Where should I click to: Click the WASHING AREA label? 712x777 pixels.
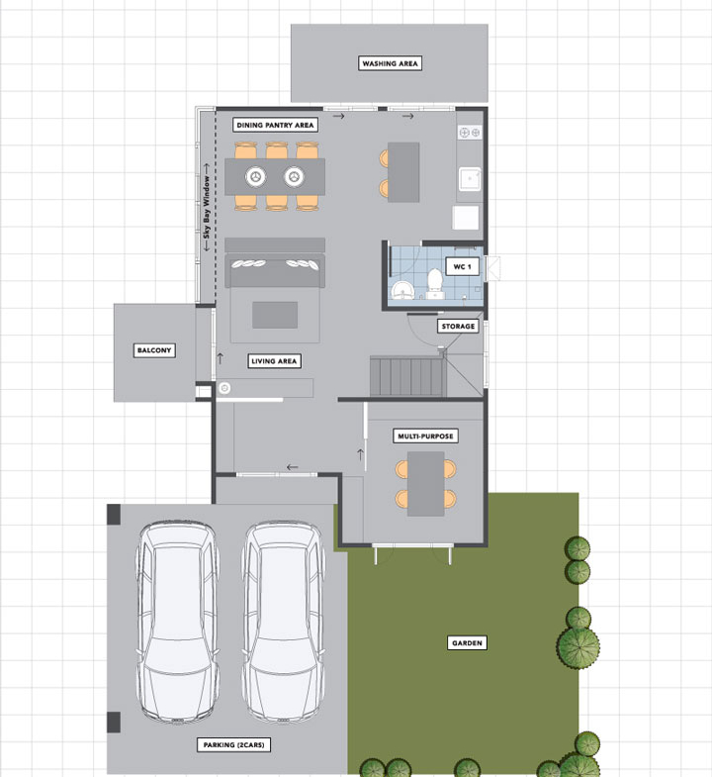pos(391,63)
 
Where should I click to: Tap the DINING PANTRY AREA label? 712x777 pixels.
pos(275,125)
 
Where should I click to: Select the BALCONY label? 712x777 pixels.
pos(154,350)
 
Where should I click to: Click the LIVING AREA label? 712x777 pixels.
pos(274,361)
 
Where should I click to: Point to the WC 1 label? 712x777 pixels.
pos(463,266)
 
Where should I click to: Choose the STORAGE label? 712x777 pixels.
pos(458,326)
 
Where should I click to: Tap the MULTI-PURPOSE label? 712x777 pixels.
pos(426,437)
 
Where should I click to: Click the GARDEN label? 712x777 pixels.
pos(467,642)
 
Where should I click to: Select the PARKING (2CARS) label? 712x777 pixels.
pos(233,744)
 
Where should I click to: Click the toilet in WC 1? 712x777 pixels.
pos(435,283)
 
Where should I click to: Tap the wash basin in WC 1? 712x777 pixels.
pos(402,291)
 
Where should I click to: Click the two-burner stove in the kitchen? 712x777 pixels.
pos(470,133)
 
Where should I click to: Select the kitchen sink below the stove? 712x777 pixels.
pos(470,179)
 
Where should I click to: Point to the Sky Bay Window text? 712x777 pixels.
pos(207,207)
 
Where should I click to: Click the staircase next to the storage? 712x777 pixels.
pos(408,376)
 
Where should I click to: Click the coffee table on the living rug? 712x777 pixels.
pos(275,315)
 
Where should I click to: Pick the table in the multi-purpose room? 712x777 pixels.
pos(426,484)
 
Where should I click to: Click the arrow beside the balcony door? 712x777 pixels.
pos(221,357)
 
